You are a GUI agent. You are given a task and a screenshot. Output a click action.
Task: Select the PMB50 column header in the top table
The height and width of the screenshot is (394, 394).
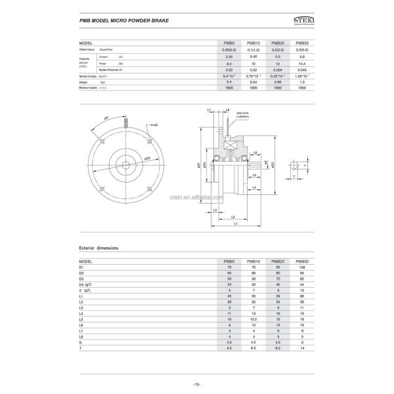[302, 43]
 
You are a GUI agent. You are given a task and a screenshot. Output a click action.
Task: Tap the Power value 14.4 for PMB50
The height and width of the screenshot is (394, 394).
[302, 63]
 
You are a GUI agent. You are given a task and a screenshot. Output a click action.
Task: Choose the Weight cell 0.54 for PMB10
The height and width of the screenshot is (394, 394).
[252, 82]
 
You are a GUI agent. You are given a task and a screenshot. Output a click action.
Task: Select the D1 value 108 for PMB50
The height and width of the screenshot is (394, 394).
[302, 267]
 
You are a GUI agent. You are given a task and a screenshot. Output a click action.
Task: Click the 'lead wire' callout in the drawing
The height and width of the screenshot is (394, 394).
[241, 113]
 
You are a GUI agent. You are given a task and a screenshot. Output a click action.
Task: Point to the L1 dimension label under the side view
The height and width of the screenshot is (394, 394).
[236, 223]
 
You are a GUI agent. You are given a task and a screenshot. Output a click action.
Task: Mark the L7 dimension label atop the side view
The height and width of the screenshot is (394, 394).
[209, 110]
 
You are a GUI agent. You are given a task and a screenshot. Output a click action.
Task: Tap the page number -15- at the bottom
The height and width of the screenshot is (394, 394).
[196, 383]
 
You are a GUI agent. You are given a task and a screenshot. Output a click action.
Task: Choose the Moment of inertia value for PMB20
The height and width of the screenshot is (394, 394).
[277, 76]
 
